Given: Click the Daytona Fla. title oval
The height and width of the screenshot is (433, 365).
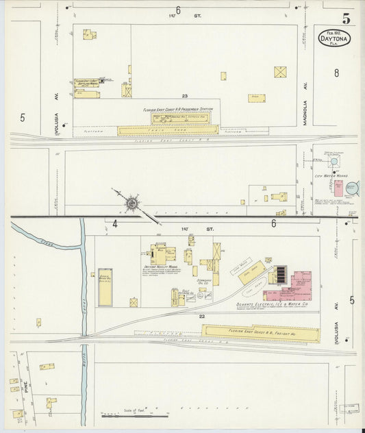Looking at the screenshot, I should pos(334,38).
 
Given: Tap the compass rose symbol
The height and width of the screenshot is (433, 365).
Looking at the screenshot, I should pos(131,203).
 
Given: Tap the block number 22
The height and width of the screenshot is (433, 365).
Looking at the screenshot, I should pos(202,317).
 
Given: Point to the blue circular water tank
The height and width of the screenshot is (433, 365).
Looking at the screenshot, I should pos(352,187).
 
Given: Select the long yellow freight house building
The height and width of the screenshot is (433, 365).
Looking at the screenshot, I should pos(260,334).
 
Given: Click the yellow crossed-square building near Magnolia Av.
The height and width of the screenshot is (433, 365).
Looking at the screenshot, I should pos(280,72).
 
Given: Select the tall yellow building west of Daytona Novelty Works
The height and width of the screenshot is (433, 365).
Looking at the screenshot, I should pos(105,287).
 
